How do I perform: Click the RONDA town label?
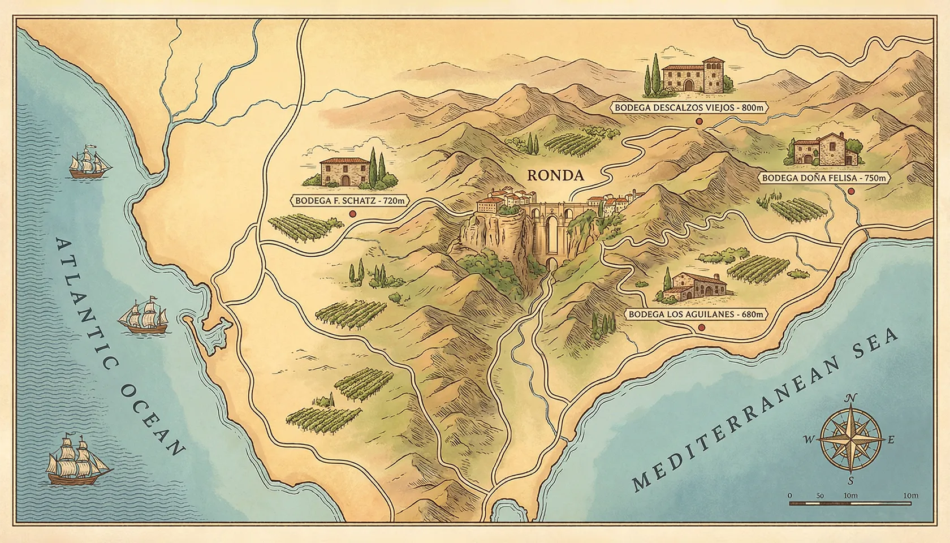[x=555, y=175]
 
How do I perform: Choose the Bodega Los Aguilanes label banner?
[x=697, y=314]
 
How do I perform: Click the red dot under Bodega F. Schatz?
[x=353, y=214]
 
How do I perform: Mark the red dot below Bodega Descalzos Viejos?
[x=699, y=121]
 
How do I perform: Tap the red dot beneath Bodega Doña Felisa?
[x=851, y=191]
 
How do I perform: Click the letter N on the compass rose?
[x=849, y=397]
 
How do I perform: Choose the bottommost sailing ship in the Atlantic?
[x=76, y=461]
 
